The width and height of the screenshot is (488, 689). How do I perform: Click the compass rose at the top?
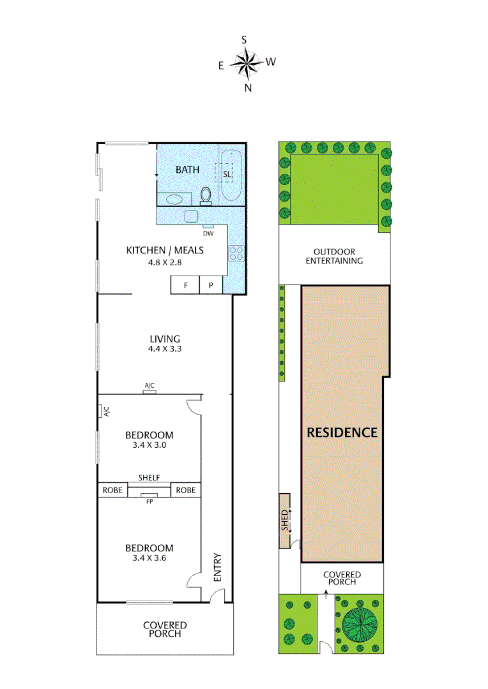[247, 63]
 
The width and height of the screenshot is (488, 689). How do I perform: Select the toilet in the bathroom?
[206, 195]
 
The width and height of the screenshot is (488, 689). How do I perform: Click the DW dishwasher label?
[208, 232]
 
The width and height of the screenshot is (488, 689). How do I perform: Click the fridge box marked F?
[185, 285]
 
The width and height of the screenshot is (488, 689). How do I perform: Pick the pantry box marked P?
[211, 285]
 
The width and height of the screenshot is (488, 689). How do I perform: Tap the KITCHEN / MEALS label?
[165, 250]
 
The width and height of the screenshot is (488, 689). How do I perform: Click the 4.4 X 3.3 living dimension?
[165, 350]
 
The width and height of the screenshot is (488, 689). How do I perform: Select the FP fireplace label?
[149, 501]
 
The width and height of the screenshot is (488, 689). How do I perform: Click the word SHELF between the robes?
[149, 478]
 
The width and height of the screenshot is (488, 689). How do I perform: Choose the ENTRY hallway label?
[217, 567]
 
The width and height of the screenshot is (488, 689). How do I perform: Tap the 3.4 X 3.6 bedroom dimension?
[149, 558]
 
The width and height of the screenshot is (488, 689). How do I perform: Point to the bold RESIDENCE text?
[342, 432]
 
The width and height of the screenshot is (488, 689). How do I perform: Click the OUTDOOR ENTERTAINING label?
[334, 256]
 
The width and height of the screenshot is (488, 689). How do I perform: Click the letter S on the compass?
[244, 40]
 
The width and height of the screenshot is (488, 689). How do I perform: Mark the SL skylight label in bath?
[227, 174]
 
